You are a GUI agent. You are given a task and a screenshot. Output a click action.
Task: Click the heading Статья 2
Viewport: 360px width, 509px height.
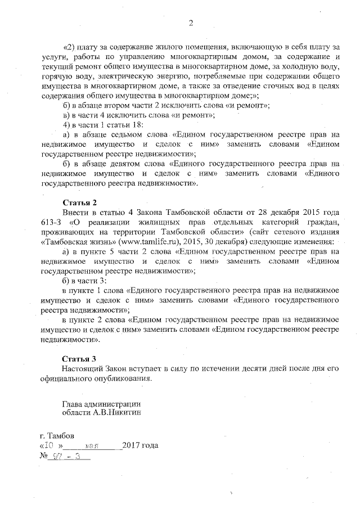[79, 201]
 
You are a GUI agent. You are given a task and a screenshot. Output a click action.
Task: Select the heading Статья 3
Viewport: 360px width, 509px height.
[79, 358]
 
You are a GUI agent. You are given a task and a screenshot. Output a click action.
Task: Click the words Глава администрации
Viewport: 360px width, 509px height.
[101, 403]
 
